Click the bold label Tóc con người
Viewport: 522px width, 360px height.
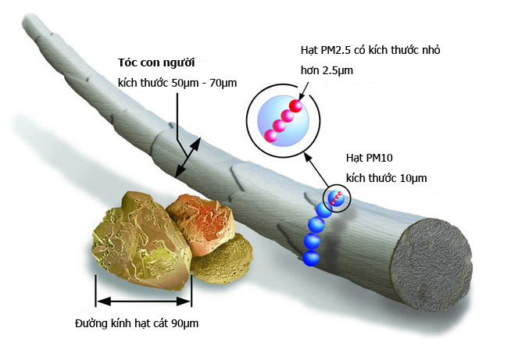pos(156,62)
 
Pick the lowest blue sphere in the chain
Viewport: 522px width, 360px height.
pos(312,258)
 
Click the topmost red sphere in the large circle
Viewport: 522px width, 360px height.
pos(295,105)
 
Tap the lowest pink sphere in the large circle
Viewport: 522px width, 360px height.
pos(270,136)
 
